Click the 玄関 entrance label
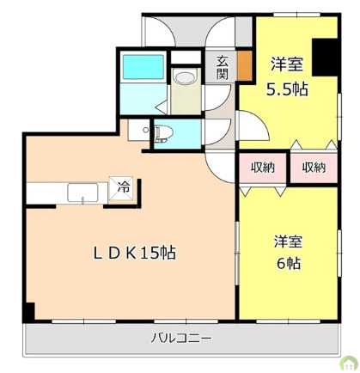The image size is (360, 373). point(222,66)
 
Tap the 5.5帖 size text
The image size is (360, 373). point(285,88)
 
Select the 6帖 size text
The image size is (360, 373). point(285,263)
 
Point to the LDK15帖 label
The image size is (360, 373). point(135,254)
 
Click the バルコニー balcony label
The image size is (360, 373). point(181,336)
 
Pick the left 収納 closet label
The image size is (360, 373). point(263,168)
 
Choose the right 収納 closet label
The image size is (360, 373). point(314,168)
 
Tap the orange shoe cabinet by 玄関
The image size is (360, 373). point(246,65)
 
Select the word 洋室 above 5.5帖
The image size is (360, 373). point(285,64)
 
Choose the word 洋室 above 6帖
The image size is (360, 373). point(285,242)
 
